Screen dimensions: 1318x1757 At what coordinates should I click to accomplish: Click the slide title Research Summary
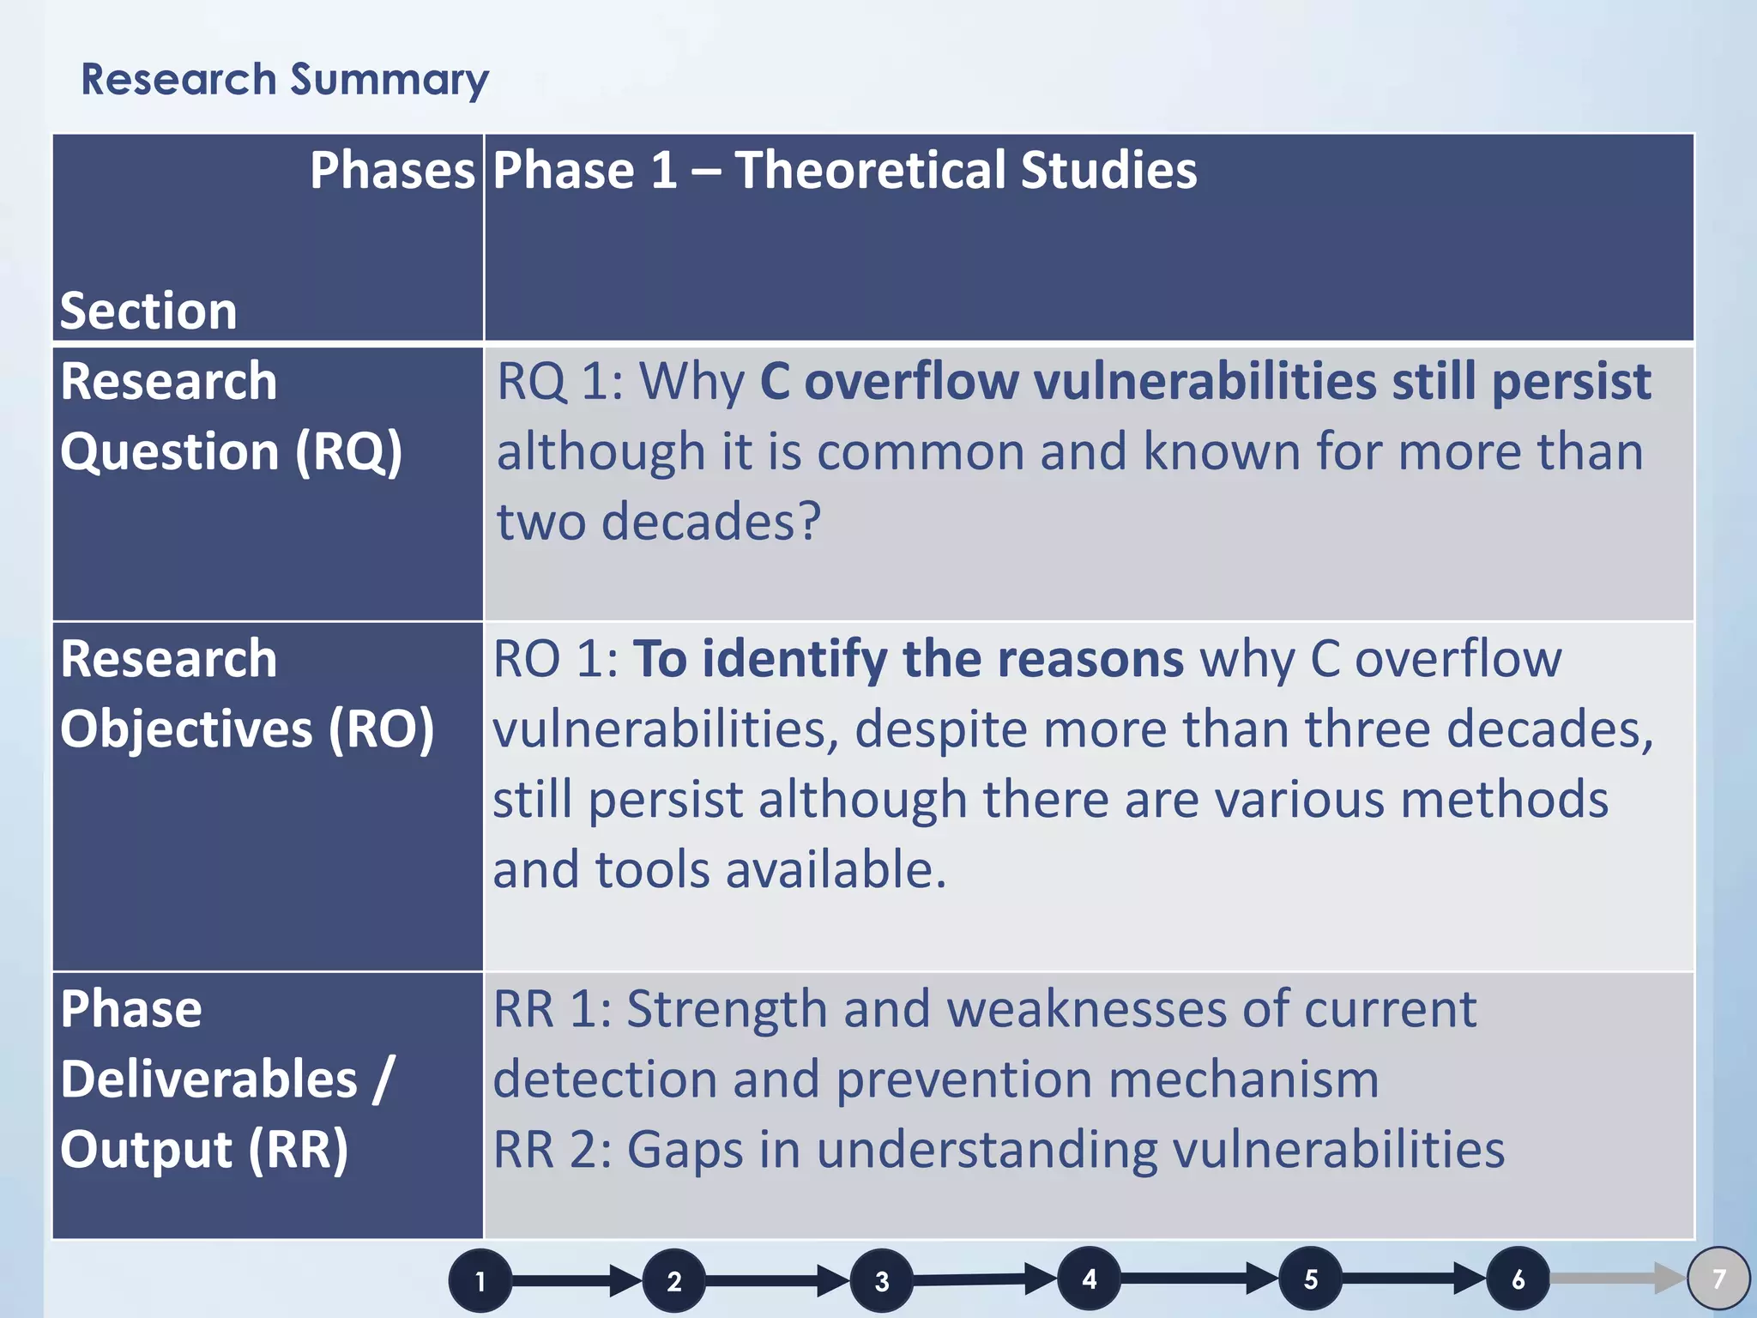tap(285, 80)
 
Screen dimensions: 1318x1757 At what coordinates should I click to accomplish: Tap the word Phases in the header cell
tap(392, 170)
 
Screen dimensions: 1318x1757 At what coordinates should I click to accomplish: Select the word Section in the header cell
tap(148, 310)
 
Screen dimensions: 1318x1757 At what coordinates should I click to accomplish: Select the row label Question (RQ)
tap(231, 452)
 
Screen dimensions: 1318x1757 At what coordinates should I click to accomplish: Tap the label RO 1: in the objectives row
tap(555, 659)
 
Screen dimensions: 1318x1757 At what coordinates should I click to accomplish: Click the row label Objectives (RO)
tap(247, 729)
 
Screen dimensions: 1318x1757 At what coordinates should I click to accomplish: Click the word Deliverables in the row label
tap(208, 1079)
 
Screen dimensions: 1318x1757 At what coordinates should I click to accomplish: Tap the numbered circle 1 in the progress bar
tap(480, 1281)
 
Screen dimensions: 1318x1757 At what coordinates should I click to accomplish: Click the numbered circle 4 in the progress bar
tap(1089, 1279)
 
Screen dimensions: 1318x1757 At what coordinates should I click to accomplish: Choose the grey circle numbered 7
tap(1718, 1279)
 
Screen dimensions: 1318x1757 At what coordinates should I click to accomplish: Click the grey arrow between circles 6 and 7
tap(1617, 1279)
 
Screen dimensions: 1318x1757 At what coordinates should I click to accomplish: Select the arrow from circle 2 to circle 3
tap(777, 1281)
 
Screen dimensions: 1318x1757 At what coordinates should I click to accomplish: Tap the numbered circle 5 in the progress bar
tap(1310, 1279)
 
